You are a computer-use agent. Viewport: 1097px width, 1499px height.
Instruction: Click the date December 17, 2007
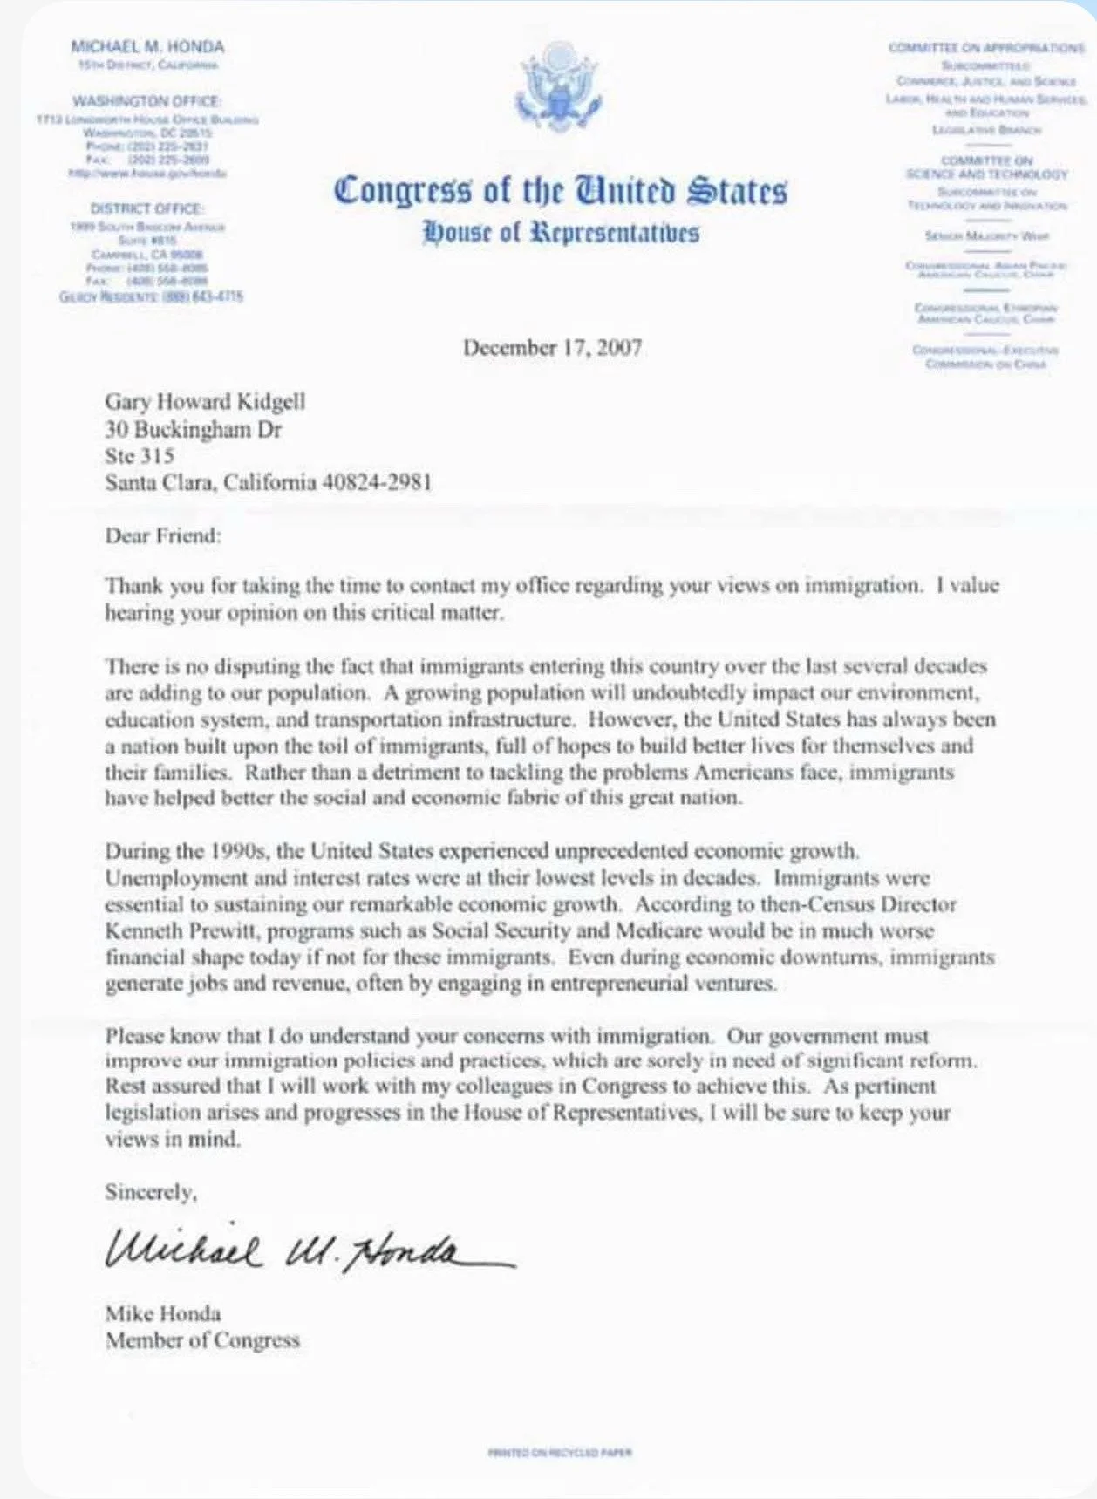[552, 348]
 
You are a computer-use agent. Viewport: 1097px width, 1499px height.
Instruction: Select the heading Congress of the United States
[560, 191]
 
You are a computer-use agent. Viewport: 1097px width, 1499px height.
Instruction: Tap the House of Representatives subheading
[561, 233]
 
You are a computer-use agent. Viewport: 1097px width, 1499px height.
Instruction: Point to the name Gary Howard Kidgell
[205, 401]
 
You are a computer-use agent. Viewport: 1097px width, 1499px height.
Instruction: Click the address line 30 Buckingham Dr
[193, 429]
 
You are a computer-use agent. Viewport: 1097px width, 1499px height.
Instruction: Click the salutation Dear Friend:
[163, 535]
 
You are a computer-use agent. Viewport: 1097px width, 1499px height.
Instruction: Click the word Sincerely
[150, 1191]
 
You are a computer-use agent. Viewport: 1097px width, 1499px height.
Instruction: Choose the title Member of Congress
[202, 1340]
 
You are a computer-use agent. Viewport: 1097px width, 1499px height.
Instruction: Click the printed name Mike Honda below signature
[163, 1313]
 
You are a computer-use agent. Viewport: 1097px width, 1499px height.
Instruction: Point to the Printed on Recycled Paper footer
[560, 1452]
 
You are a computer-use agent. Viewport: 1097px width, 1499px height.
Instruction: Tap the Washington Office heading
[146, 102]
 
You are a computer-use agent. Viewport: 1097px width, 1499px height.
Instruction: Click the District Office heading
[146, 209]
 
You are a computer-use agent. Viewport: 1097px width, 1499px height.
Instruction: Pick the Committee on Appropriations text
[986, 48]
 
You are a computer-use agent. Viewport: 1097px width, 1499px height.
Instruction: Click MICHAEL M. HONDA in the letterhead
[146, 47]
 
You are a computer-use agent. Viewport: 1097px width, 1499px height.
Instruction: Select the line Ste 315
[140, 456]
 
